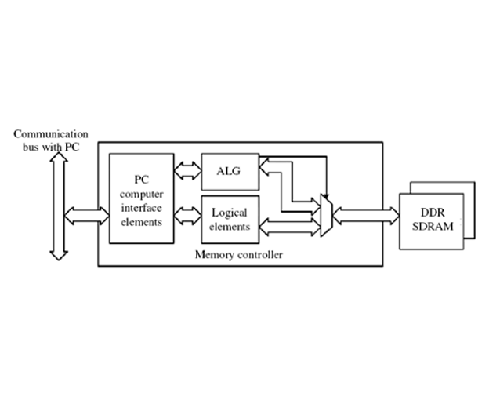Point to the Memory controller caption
pos(238,255)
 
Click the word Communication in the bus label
pos(50,134)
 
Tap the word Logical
pos(230,213)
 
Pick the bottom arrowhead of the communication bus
pos(57,254)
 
